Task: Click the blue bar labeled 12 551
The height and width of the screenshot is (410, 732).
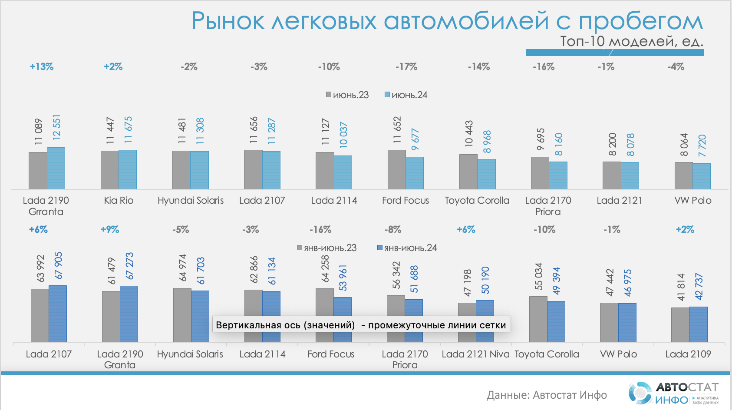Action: [x=56, y=168]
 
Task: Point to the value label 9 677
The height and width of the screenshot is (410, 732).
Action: [x=415, y=139]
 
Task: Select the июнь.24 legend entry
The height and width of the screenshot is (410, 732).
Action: [x=406, y=95]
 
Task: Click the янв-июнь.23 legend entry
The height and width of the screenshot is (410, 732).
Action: [x=327, y=248]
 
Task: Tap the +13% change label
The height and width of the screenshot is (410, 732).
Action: [x=42, y=67]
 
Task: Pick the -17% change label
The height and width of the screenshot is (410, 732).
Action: [x=406, y=67]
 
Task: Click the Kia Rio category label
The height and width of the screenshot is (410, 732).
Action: [x=119, y=200]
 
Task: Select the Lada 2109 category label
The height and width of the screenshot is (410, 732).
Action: [x=688, y=354]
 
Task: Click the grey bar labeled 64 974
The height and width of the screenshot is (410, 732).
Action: [x=182, y=315]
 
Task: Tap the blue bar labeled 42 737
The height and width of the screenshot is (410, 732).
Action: [x=698, y=324]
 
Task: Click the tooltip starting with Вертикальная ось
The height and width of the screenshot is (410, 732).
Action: [x=361, y=325]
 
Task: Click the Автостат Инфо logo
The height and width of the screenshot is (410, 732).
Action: [x=673, y=393]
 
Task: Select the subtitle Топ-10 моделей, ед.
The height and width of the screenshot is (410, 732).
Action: [x=631, y=41]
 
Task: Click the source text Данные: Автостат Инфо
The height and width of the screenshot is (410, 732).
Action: [x=547, y=395]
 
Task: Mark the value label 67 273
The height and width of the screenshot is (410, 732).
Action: [x=129, y=266]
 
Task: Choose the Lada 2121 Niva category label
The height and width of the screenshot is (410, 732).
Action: [x=475, y=354]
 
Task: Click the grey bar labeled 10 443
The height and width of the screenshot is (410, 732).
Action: [x=468, y=172]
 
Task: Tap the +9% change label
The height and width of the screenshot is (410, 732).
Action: [x=110, y=229]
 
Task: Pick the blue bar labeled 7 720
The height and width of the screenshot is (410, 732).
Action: [x=702, y=176]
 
